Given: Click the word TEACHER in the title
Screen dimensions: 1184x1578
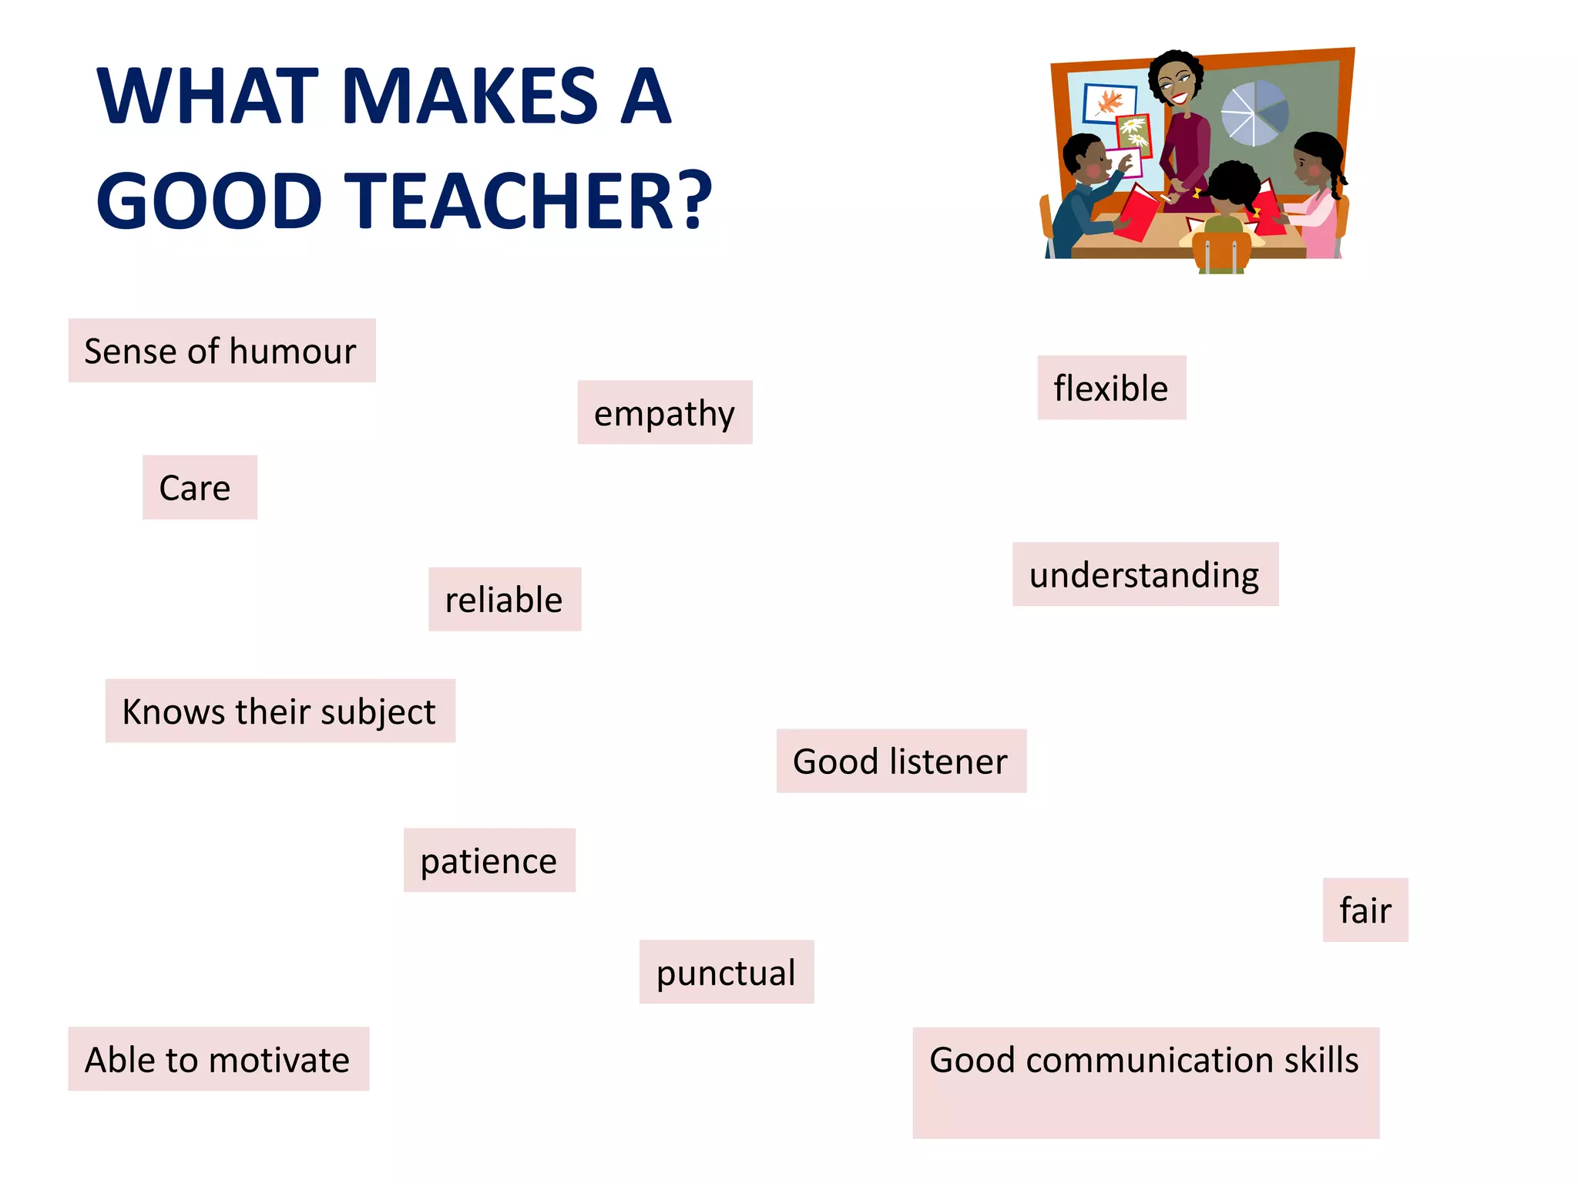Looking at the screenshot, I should (x=513, y=200).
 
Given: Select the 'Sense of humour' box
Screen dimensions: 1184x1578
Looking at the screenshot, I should (x=221, y=351).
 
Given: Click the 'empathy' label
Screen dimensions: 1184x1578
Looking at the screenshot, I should (x=664, y=413).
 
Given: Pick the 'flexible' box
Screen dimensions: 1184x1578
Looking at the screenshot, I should (x=1111, y=388).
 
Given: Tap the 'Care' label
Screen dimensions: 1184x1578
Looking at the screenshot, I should (x=198, y=487).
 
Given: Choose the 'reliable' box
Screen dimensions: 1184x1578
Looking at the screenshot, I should (x=504, y=600).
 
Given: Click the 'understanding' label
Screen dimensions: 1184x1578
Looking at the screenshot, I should (x=1144, y=575).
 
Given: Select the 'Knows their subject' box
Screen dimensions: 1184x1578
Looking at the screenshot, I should (x=279, y=711).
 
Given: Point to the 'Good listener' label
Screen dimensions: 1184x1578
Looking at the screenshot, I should (x=900, y=762).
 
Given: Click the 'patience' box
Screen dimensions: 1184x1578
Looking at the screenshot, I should (x=489, y=860).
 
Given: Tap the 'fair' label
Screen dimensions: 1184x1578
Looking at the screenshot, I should (x=1365, y=910).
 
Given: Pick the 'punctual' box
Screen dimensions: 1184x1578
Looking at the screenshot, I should (x=726, y=972).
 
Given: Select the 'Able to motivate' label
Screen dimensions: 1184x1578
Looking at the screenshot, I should (x=217, y=1059).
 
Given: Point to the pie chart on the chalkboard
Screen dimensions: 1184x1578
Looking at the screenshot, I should (x=1254, y=113).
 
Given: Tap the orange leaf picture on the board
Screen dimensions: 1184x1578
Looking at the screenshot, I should (x=1110, y=102).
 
